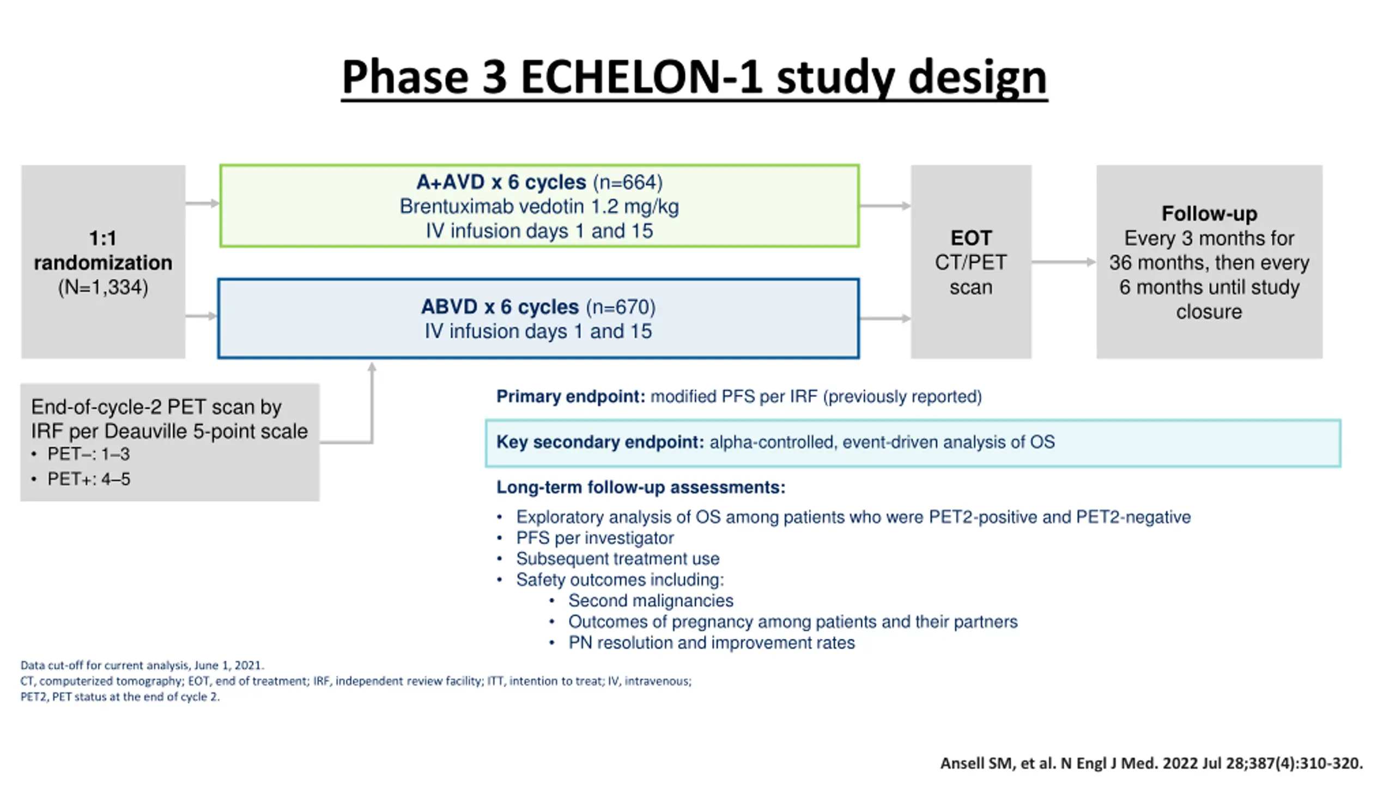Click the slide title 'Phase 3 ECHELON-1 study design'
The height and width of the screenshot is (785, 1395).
pos(694,77)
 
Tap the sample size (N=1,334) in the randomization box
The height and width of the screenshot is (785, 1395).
pos(103,287)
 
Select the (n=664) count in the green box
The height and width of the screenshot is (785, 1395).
pos(628,182)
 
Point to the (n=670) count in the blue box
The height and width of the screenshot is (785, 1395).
pos(621,307)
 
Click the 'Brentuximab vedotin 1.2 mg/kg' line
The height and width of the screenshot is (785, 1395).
pos(539,207)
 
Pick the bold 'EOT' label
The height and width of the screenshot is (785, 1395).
pos(971,238)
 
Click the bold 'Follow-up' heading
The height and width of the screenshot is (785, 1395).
pos(1209,214)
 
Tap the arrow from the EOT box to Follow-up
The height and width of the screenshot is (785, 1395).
pos(1063,262)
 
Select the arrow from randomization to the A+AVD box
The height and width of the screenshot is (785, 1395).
pos(202,203)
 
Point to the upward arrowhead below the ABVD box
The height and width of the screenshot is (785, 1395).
pos(372,367)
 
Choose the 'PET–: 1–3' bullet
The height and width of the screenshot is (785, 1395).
pos(88,454)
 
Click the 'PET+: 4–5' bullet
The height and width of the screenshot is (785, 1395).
pos(88,479)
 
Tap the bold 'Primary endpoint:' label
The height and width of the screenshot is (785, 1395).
pos(571,396)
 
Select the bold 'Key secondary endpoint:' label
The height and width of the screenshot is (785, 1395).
pos(600,442)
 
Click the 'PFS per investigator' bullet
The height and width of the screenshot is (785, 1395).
pos(595,538)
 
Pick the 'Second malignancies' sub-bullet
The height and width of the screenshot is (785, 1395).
pos(651,601)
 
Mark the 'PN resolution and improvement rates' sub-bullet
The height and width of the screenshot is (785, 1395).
pos(711,643)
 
